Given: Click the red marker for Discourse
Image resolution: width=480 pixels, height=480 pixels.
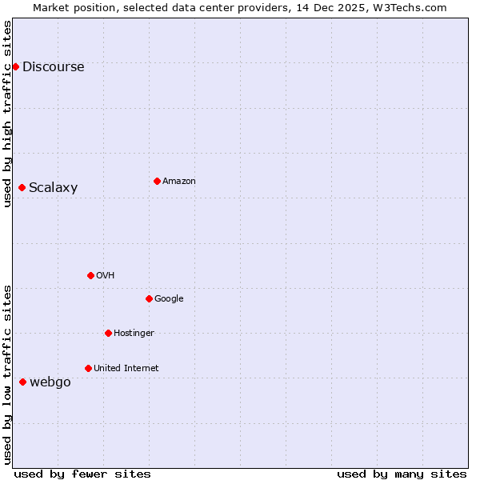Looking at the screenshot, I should [15, 66].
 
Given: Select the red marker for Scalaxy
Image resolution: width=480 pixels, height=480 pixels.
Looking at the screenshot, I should [22, 187].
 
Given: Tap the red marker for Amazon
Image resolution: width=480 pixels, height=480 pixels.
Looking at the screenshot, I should [157, 181].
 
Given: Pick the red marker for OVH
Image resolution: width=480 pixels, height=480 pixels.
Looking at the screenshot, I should [90, 275].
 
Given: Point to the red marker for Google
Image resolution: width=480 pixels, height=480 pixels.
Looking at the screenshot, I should [149, 298].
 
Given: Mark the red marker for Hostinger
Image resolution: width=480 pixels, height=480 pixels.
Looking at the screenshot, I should [108, 333].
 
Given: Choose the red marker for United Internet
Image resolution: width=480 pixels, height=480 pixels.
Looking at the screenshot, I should [88, 368].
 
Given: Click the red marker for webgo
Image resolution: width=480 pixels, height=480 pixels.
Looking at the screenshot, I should [22, 382].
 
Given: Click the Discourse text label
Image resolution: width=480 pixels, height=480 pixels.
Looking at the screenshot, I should [54, 67].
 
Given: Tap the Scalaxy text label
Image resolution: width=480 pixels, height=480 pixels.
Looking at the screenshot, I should [54, 188].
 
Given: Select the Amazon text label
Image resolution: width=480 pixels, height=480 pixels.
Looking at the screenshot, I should [179, 182].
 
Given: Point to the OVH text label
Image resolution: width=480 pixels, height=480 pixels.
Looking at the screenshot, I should [106, 276].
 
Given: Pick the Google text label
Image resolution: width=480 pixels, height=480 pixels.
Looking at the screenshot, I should [169, 299].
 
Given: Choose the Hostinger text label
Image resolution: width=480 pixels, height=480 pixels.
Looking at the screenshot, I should [134, 334].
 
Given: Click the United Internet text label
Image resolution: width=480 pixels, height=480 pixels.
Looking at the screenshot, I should [126, 369].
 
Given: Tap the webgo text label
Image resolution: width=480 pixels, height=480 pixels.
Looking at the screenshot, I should [50, 382].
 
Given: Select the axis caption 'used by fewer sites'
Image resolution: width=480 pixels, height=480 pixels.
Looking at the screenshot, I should [82, 474].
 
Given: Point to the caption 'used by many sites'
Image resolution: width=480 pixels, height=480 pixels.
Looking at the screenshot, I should [402, 474].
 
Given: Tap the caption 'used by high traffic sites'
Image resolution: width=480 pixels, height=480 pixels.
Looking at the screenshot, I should [7, 114].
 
